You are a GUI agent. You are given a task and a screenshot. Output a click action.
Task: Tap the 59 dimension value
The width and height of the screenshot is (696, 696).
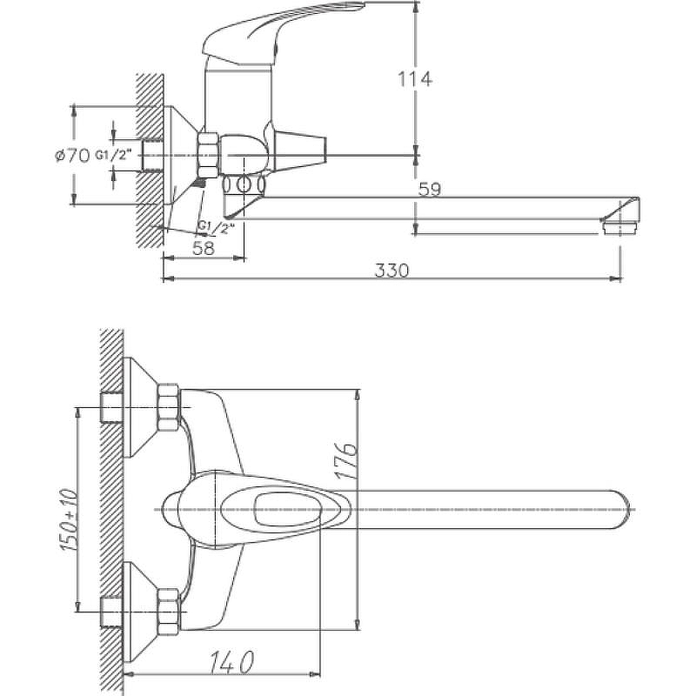(x=428, y=189)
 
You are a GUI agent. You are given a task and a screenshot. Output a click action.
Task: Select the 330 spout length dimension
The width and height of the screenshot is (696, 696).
(x=391, y=270)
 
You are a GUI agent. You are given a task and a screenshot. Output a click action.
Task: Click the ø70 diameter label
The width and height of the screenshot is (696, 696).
(x=72, y=156)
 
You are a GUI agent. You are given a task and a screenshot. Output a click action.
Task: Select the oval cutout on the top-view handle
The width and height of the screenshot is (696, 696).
(x=287, y=509)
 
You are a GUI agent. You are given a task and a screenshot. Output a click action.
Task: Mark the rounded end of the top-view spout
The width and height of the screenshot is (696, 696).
(x=621, y=509)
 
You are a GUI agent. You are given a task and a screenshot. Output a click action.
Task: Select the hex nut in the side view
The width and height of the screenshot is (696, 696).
(x=210, y=154)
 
